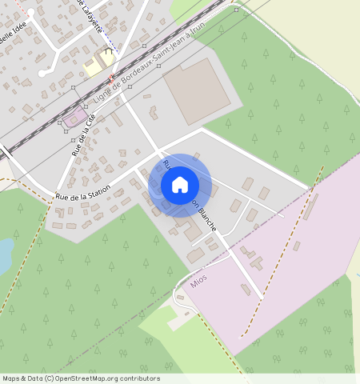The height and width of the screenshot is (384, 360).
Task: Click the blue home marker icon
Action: point(180,185)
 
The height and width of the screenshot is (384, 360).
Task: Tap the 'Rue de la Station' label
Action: point(82,192)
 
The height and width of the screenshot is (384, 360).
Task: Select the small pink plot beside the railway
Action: point(75,119)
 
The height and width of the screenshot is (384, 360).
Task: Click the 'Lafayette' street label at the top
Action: point(92,14)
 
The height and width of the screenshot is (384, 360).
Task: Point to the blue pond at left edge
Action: point(4,255)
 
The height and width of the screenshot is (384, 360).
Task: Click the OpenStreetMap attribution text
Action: point(80,378)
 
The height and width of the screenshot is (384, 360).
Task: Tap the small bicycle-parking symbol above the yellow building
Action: point(110,50)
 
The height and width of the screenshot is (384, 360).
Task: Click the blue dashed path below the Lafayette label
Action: point(112,44)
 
